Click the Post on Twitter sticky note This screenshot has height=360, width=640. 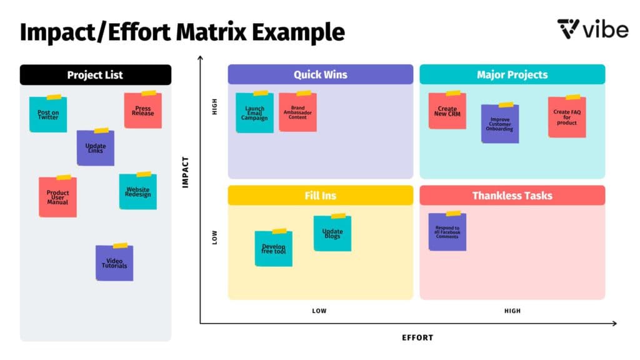click(x=48, y=114)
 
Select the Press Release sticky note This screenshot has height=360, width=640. click(x=142, y=111)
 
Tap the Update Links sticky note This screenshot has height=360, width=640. click(x=96, y=148)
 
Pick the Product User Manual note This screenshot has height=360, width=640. click(x=57, y=197)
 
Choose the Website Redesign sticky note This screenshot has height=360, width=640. click(x=137, y=192)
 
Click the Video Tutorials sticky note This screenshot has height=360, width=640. click(x=114, y=263)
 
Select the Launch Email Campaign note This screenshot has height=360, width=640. click(x=254, y=113)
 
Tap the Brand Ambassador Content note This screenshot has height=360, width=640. click(x=297, y=112)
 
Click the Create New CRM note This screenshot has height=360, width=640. click(x=447, y=111)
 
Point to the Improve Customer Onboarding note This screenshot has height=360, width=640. click(x=500, y=124)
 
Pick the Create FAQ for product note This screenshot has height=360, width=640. click(x=567, y=117)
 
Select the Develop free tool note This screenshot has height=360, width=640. click(x=273, y=249)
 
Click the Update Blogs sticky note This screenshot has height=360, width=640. click(x=332, y=234)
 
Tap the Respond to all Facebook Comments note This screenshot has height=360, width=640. click(x=447, y=232)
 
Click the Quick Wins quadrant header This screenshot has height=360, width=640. click(x=320, y=74)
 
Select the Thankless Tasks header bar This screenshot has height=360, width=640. click(x=512, y=196)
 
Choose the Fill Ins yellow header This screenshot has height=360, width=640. click(x=320, y=196)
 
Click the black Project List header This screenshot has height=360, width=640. click(x=95, y=75)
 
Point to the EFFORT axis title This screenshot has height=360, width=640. click(x=417, y=337)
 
